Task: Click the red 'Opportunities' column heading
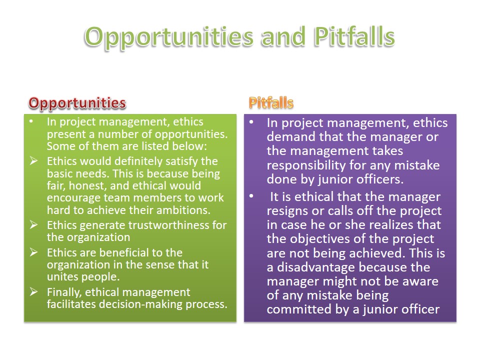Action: point(77,103)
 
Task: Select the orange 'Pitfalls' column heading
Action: point(271,102)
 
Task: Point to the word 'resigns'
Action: point(287,211)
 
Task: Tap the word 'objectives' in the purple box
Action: point(320,239)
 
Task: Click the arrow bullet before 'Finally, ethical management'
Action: point(33,292)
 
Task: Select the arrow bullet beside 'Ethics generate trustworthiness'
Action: point(33,225)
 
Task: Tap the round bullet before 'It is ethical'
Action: point(251,196)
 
